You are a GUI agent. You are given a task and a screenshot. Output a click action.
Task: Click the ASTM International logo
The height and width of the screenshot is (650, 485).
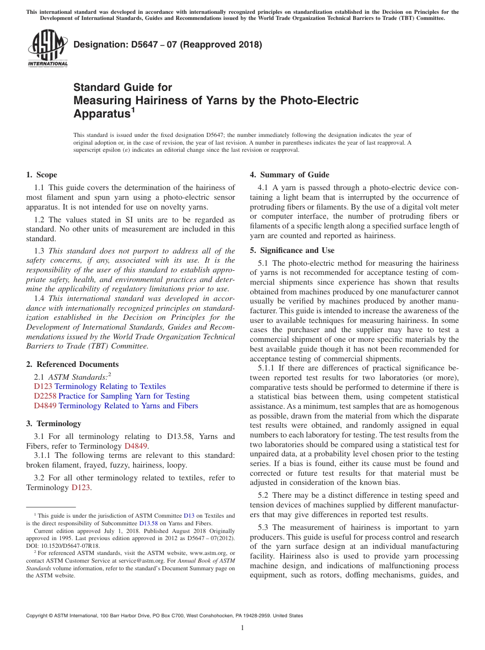(x=47, y=49)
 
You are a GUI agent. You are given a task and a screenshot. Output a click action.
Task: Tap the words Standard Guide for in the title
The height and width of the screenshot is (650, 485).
(x=123, y=87)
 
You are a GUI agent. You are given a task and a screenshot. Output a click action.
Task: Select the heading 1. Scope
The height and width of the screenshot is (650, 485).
(x=41, y=175)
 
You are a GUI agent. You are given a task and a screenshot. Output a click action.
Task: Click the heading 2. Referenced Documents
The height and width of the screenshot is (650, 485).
(x=72, y=364)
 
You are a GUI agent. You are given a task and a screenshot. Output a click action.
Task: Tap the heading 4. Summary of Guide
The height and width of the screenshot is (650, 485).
(x=289, y=175)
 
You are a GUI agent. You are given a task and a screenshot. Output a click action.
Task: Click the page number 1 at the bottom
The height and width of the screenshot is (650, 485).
(x=243, y=628)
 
